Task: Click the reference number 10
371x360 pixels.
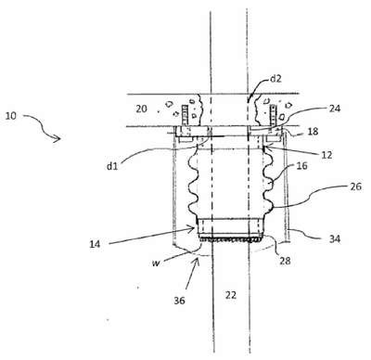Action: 10,116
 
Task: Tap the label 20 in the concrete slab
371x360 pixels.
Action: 141,109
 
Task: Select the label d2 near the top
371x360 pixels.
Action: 275,79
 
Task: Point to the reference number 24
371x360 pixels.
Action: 335,109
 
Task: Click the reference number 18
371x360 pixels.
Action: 313,132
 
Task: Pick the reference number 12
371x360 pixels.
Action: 326,155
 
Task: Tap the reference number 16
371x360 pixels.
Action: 301,166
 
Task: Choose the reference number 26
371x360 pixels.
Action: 356,186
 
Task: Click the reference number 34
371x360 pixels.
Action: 335,238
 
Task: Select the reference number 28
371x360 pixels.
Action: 285,261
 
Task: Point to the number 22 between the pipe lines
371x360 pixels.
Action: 231,295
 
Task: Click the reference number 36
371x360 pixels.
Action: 179,301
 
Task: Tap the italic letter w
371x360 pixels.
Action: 156,264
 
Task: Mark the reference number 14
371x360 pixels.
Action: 95,244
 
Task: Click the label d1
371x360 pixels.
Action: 112,166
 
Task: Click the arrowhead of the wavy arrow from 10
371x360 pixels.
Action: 58,139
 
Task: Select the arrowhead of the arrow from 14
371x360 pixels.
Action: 192,228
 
